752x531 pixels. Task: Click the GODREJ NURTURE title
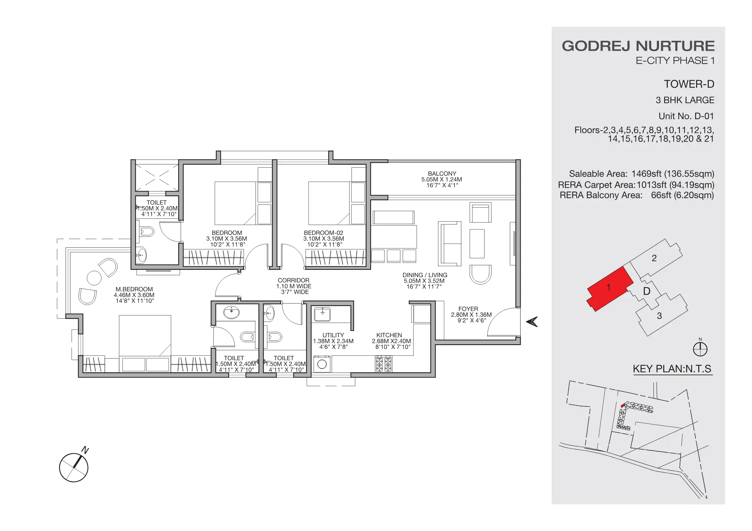[638, 46]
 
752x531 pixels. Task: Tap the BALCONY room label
[442, 174]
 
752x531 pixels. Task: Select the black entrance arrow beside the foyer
[532, 322]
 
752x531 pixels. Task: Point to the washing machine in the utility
[322, 364]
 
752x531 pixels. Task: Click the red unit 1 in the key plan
[609, 288]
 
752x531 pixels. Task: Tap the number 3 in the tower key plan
[659, 316]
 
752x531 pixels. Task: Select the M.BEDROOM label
[134, 289]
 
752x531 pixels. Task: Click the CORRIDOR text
[293, 280]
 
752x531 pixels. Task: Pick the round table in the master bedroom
[94, 278]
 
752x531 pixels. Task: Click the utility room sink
[322, 314]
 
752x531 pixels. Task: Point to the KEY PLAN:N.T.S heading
[672, 369]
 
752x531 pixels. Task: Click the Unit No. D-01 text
[686, 116]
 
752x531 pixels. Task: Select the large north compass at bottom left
[74, 468]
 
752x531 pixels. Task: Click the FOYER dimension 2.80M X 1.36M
[471, 315]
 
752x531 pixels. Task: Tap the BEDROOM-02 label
[323, 233]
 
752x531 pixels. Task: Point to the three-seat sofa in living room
[450, 244]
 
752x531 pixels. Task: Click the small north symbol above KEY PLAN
[700, 349]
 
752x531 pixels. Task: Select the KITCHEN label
[389, 335]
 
